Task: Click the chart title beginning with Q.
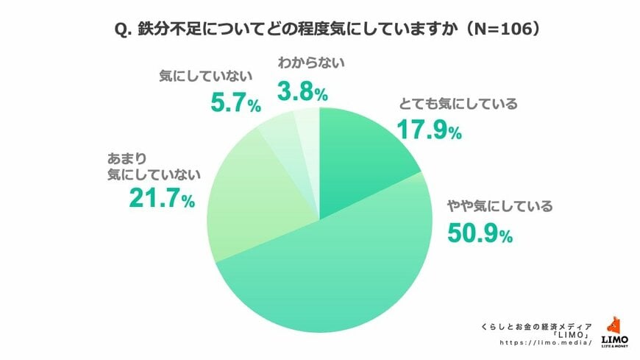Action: pyautogui.click(x=320, y=29)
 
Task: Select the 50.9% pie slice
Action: pyautogui.click(x=331, y=272)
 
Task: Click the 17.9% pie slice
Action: pyautogui.click(x=360, y=155)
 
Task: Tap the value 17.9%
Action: pyautogui.click(x=428, y=130)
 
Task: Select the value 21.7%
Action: pyautogui.click(x=161, y=200)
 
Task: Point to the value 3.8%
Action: pyautogui.click(x=302, y=92)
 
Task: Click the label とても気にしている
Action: pyautogui.click(x=458, y=104)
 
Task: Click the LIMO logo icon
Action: pyautogui.click(x=614, y=328)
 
